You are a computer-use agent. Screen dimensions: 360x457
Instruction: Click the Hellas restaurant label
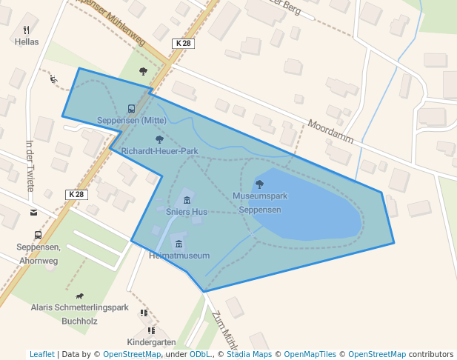tap(27, 42)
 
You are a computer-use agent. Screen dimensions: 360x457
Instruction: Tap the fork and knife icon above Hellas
tap(27, 30)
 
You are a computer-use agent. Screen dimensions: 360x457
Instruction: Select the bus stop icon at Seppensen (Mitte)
tap(131, 109)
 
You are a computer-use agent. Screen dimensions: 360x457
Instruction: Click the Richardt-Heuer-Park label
tap(160, 151)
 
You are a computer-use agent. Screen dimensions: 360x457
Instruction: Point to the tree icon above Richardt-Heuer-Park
tap(159, 139)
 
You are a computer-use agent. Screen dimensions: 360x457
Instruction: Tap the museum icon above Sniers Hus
tap(187, 200)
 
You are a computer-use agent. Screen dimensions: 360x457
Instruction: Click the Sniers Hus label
tap(187, 212)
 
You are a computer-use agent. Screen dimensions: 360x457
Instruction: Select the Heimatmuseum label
tap(179, 256)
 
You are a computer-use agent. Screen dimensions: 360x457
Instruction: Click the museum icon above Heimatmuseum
tap(178, 244)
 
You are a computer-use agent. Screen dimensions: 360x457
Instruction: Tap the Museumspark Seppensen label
tap(259, 203)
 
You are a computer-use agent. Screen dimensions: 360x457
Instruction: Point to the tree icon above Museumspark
tap(259, 184)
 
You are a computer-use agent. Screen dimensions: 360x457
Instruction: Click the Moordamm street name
tap(330, 132)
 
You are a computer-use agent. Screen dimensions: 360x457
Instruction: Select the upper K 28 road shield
tap(183, 44)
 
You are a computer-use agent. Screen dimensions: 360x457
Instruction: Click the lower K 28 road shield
tap(76, 195)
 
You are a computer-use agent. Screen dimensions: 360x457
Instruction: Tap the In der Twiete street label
tap(30, 166)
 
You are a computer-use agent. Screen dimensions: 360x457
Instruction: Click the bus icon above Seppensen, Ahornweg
tap(38, 235)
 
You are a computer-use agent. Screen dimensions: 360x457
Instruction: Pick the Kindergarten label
tap(151, 342)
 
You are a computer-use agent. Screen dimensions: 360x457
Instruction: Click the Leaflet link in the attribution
tap(41, 355)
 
